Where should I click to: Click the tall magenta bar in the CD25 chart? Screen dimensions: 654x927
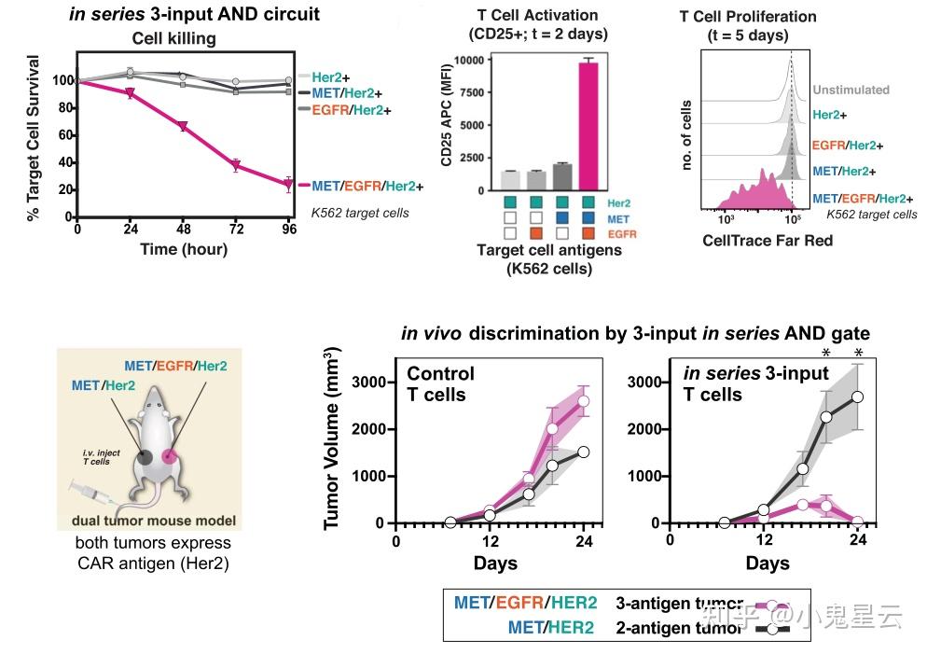(588, 126)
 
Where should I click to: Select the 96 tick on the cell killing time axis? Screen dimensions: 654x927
(290, 229)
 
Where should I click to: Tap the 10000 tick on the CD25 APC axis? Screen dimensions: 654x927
(475, 60)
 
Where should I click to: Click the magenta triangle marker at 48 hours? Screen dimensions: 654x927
(184, 127)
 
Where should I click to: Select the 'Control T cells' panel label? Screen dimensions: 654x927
(440, 383)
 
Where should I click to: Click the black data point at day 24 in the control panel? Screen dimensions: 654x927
(584, 452)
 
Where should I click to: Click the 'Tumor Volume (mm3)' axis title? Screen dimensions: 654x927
(332, 438)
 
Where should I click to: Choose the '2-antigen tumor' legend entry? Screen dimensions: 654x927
(680, 628)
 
